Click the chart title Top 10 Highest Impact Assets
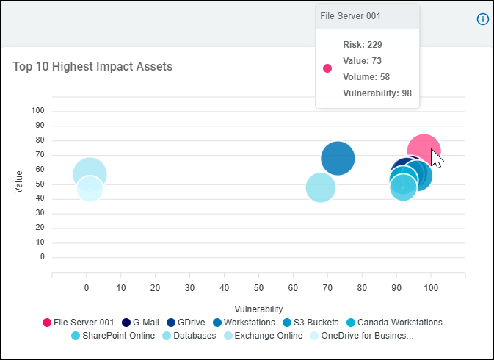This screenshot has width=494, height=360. (92, 67)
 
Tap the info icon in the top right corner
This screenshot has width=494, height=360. (482, 19)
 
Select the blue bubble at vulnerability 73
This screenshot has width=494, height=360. (338, 158)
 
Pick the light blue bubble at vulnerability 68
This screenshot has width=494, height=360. (320, 187)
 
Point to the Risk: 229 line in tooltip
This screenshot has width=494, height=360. (362, 45)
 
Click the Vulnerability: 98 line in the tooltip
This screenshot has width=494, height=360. (377, 93)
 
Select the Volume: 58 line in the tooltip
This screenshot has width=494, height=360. (366, 77)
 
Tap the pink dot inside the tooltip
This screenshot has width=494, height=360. (327, 68)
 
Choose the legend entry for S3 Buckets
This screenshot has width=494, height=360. (308, 322)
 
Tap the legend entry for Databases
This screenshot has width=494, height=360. (190, 336)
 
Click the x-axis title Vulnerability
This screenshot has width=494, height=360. (258, 309)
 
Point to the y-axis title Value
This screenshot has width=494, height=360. (20, 181)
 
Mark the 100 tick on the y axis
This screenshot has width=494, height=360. (37, 110)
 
